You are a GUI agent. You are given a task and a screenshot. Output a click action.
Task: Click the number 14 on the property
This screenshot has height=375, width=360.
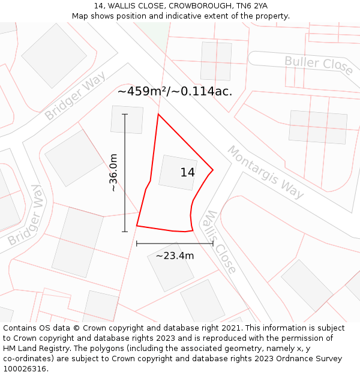pos(187,173)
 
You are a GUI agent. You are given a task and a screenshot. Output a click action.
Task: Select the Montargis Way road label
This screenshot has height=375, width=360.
pos(265,172)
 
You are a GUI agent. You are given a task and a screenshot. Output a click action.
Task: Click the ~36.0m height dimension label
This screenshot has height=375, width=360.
pos(113,173)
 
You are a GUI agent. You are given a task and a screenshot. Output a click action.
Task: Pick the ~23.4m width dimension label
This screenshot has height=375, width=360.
pos(175,256)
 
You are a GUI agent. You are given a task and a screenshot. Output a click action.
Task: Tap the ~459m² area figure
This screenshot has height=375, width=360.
pos(142,92)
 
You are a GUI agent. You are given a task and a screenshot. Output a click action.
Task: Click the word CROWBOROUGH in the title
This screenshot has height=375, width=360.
pos(195,6)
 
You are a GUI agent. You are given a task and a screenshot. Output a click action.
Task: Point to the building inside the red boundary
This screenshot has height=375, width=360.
pos(178,173)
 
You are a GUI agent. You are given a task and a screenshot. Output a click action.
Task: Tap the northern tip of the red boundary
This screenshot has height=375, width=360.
pos(158,114)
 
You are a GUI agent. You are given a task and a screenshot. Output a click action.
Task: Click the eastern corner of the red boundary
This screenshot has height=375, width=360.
pos(213,170)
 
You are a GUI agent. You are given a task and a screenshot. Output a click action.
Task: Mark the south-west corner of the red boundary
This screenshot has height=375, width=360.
pos(137,226)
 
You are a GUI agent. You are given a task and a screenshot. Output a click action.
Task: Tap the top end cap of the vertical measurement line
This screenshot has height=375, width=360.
pos(125,114)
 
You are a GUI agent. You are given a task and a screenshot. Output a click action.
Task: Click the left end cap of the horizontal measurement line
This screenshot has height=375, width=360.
pos(137,244)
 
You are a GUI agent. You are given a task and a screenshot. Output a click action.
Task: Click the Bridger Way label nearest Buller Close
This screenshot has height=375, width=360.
pos(75,95)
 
